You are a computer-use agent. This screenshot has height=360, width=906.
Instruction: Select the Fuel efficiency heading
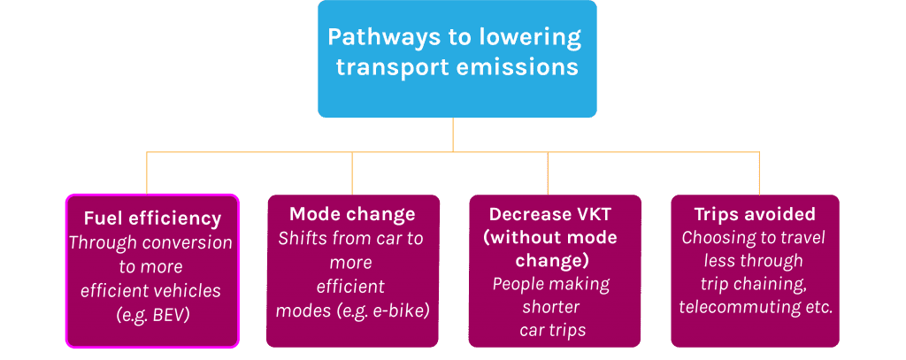(152, 218)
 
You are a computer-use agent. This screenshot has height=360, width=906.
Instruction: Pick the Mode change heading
(352, 214)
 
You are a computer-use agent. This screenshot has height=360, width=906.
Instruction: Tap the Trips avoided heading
(755, 215)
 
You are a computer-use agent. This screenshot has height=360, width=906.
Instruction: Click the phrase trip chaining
(754, 284)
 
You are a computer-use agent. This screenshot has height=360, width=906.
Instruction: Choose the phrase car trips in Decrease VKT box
(553, 330)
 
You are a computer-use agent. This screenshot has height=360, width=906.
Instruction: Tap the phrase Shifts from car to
(350, 238)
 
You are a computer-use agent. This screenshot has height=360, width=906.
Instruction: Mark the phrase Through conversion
(150, 242)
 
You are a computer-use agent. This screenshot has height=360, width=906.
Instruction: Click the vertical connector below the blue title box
(453, 134)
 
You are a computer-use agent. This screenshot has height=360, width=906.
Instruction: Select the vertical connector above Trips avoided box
(758, 173)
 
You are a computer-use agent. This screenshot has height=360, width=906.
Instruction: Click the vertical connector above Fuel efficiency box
(147, 172)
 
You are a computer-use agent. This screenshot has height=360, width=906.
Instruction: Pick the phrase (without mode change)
(553, 249)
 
